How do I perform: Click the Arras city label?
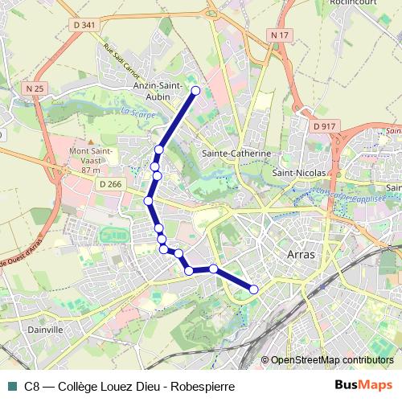tap(302, 253)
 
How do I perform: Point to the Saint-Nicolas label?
tap(299, 172)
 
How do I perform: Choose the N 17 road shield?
tap(279, 35)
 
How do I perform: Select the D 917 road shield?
tap(326, 126)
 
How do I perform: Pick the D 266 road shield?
tap(111, 184)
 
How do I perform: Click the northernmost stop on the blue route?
tap(195, 90)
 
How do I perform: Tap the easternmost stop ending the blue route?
tap(254, 289)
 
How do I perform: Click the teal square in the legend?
tap(12, 385)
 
